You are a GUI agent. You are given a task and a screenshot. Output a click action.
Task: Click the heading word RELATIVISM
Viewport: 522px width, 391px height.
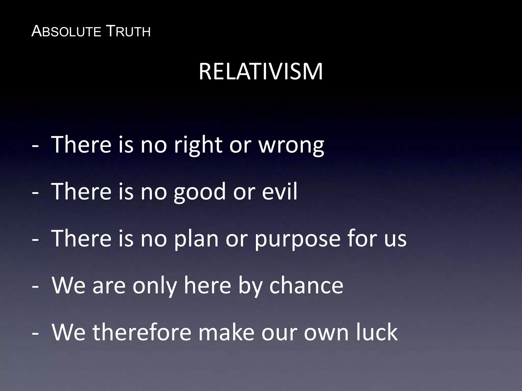click(260, 72)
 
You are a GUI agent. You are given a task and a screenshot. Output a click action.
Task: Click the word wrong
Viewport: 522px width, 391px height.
click(291, 146)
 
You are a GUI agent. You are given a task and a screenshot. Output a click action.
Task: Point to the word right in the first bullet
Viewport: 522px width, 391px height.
click(198, 146)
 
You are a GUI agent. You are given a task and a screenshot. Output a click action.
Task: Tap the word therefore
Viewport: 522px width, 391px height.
click(142, 332)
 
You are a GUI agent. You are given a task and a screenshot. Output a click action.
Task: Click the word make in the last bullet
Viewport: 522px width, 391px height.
click(226, 332)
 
